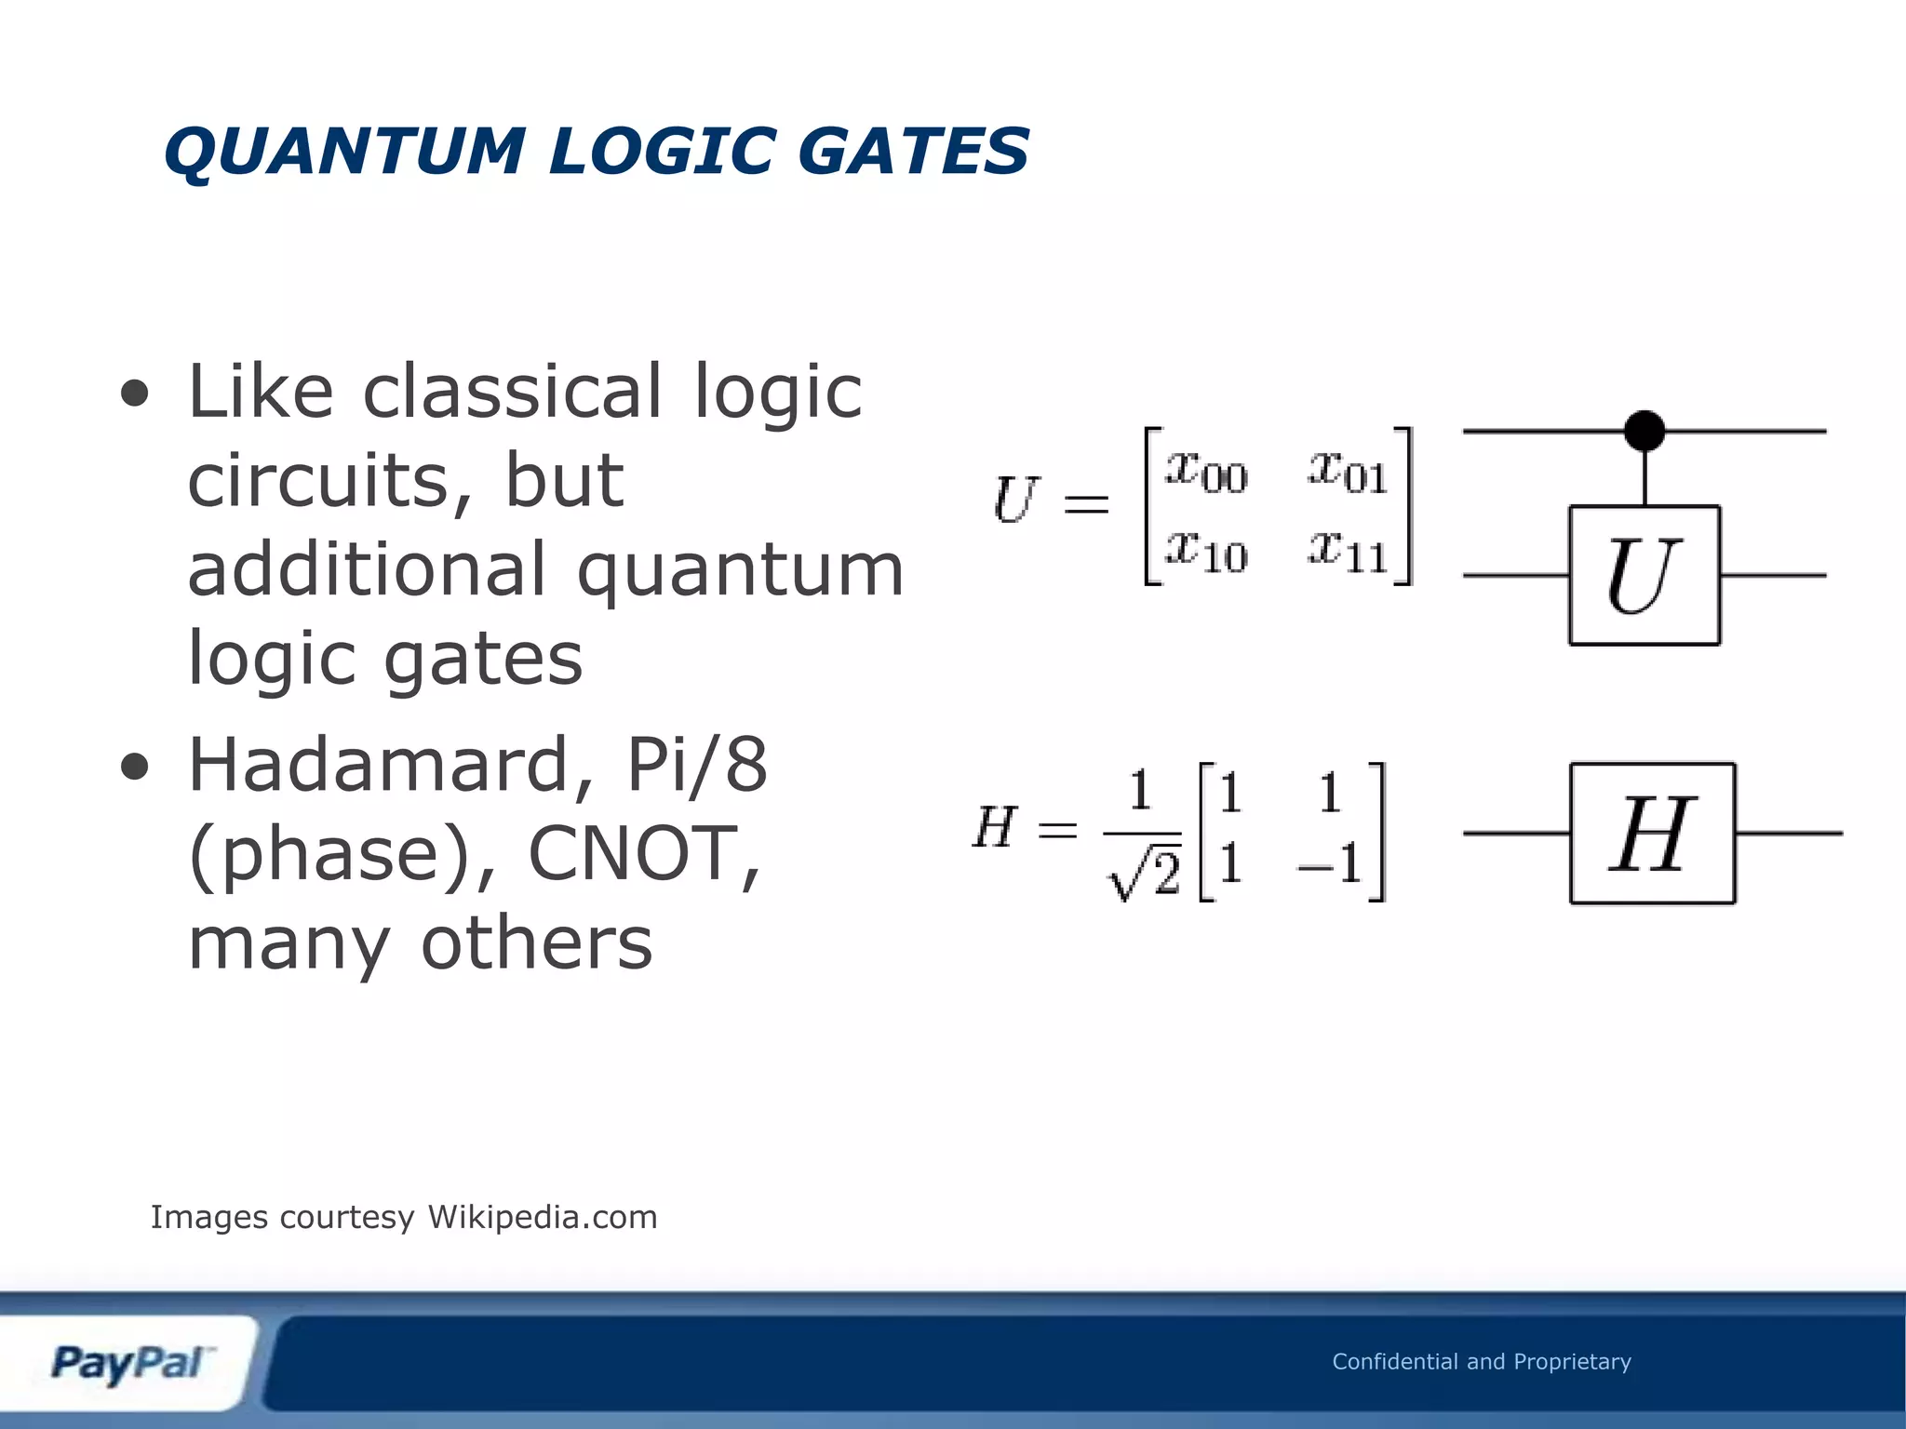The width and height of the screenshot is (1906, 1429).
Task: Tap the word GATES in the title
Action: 913,152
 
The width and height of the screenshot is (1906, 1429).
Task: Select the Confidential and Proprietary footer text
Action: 1481,1362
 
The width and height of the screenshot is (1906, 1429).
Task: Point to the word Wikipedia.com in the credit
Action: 543,1217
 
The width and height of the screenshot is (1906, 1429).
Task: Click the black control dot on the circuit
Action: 1644,431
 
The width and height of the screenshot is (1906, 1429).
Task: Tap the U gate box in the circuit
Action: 1644,575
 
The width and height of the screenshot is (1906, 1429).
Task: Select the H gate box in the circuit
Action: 1652,833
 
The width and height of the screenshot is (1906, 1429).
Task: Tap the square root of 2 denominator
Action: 1144,875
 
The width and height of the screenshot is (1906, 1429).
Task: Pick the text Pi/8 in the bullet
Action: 697,765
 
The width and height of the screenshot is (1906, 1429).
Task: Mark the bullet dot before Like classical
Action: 135,394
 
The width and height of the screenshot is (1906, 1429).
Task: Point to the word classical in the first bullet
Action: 512,392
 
